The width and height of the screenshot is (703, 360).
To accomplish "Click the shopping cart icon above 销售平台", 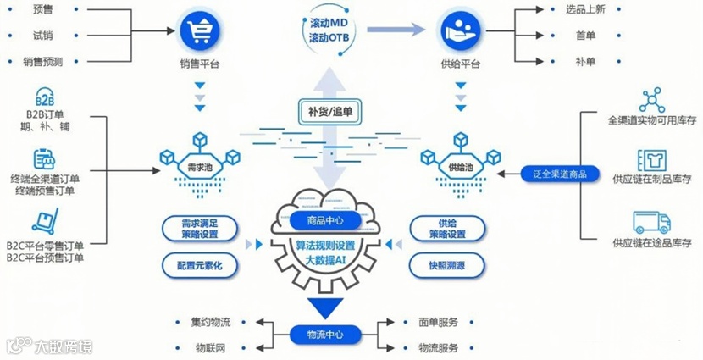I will click(200, 30).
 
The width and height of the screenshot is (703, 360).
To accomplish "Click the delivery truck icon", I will click(651, 222).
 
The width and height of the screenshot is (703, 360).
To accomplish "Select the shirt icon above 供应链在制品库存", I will click(651, 159).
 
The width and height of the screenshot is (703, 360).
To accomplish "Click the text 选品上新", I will click(586, 11).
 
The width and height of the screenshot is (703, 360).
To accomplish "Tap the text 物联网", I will click(210, 348).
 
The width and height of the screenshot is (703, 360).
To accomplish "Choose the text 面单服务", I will click(439, 322).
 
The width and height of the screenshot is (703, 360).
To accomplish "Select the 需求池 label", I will click(198, 167).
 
